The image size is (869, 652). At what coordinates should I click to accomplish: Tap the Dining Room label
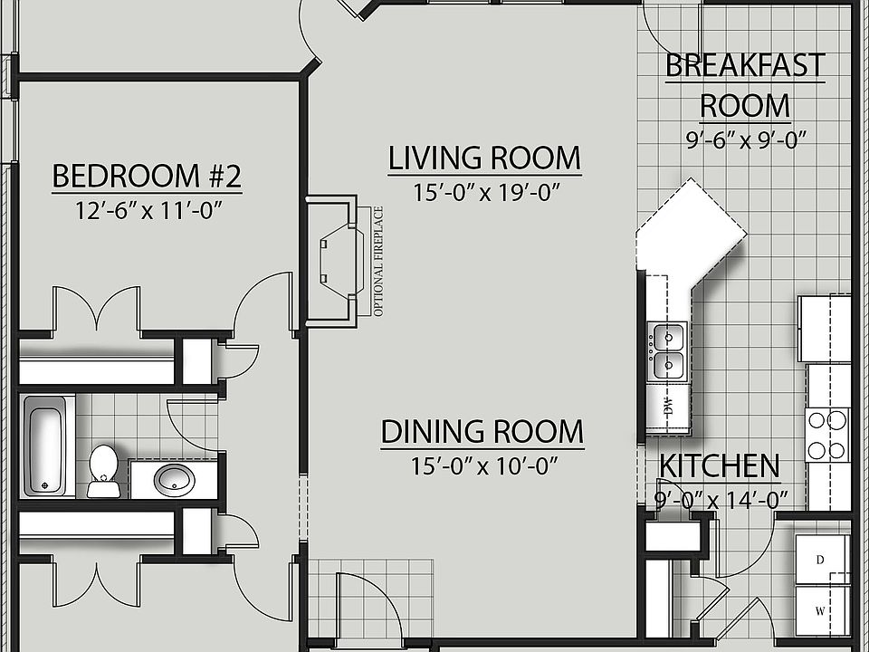[482, 432]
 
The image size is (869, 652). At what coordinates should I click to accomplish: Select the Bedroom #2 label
[147, 177]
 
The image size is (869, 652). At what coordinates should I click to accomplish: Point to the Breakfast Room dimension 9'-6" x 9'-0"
[746, 140]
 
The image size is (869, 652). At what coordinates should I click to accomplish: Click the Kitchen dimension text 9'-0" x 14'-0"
[721, 501]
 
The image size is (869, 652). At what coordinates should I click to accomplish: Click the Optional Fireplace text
[378, 261]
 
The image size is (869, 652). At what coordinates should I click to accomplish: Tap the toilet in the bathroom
[103, 471]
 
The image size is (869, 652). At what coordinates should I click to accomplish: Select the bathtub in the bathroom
[48, 446]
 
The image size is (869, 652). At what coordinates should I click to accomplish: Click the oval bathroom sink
[174, 480]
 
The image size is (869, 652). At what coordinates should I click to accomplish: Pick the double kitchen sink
[668, 351]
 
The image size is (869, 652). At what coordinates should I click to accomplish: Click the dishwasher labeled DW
[668, 408]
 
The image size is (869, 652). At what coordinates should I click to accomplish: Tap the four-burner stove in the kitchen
[826, 436]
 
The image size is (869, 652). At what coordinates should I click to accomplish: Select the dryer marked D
[823, 560]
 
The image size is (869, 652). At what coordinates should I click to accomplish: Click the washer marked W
[823, 610]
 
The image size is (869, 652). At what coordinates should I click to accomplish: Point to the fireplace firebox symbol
[341, 261]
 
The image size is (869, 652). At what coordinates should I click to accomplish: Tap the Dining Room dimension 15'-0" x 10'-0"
[483, 466]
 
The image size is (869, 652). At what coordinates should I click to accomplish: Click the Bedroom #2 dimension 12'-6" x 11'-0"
[148, 211]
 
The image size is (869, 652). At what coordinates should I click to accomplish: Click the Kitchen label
[720, 466]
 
